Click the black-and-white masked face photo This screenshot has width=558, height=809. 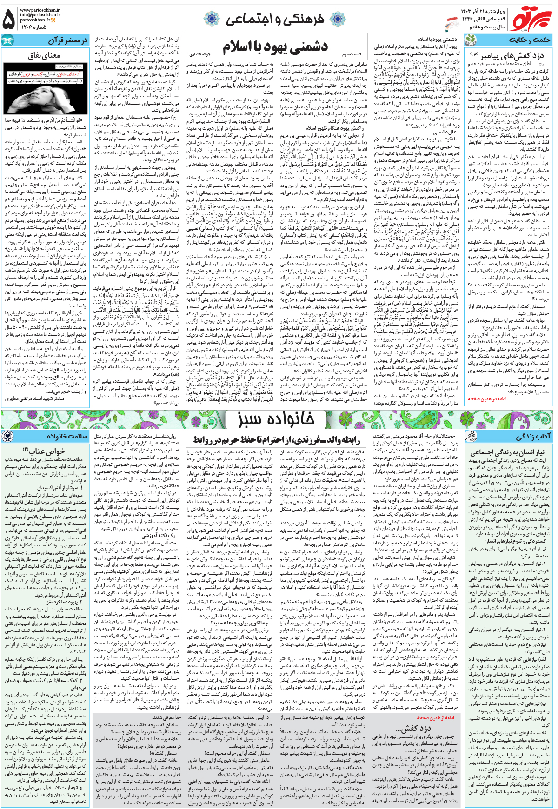tap(44, 88)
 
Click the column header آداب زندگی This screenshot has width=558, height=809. tap(533, 437)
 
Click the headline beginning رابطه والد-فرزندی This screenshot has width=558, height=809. tap(276, 440)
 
